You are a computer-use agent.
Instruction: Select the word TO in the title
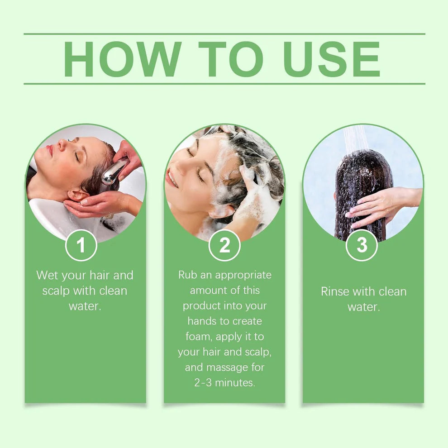[x=230, y=59]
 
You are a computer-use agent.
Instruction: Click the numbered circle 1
[x=81, y=245]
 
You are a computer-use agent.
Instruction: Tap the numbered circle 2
[x=224, y=245]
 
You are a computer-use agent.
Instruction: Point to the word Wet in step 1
[x=48, y=275]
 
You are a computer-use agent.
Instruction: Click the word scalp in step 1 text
[x=57, y=291]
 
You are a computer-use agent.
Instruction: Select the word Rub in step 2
[x=188, y=275]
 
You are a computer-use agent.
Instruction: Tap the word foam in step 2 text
[x=199, y=337]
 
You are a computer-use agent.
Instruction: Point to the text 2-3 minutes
[x=224, y=382]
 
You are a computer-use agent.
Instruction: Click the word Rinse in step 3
[x=335, y=291]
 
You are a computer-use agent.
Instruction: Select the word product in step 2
[x=201, y=306]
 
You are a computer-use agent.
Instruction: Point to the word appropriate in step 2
[x=243, y=275]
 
